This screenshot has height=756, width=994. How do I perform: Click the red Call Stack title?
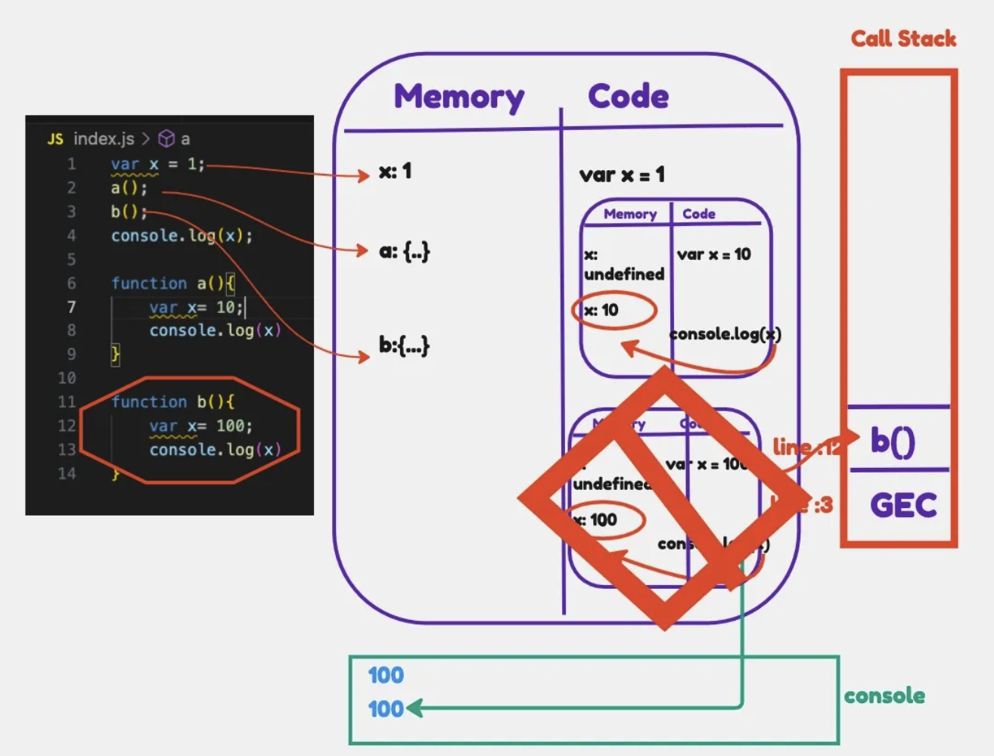click(x=902, y=39)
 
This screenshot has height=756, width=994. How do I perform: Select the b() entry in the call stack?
click(x=893, y=441)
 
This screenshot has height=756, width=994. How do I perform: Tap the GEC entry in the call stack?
click(x=903, y=505)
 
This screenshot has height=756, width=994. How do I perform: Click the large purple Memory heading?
click(x=458, y=97)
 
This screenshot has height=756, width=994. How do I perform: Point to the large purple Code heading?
click(x=628, y=96)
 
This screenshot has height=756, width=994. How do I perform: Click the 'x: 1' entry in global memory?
click(x=395, y=172)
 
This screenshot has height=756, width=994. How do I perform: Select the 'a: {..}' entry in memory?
click(x=404, y=251)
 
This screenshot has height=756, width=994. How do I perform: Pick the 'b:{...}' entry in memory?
click(x=404, y=345)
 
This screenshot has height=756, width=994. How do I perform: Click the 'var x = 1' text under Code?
click(x=622, y=175)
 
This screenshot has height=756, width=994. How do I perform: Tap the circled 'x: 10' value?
click(x=602, y=310)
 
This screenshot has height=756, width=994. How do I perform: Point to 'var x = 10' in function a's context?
click(x=713, y=255)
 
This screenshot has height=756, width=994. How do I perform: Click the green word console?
click(x=884, y=696)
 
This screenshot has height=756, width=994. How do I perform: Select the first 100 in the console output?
click(x=386, y=675)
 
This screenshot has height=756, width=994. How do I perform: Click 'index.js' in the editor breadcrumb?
click(x=104, y=139)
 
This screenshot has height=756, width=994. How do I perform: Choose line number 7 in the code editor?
click(x=71, y=307)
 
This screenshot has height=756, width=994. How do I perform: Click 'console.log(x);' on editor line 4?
click(x=182, y=236)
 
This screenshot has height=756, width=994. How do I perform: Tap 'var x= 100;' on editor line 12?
click(x=200, y=426)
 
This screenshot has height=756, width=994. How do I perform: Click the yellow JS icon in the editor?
click(x=55, y=139)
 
